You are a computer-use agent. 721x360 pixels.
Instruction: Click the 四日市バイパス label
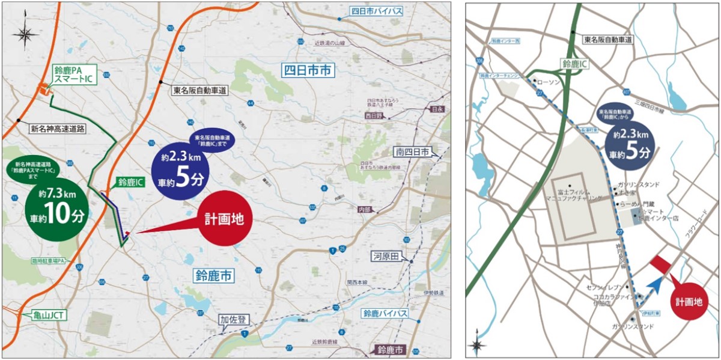(x=377, y=11)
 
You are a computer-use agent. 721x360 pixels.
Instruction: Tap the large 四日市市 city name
(x=307, y=70)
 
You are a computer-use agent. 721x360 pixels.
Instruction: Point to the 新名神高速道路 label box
(x=58, y=128)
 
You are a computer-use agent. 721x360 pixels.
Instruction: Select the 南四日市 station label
(x=412, y=153)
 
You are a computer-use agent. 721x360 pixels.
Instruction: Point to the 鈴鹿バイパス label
(x=385, y=314)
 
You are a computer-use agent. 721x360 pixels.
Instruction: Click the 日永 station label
(x=435, y=109)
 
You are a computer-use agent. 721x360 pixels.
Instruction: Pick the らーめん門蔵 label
(x=639, y=205)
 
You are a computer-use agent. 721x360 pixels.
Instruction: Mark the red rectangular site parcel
(x=663, y=264)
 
